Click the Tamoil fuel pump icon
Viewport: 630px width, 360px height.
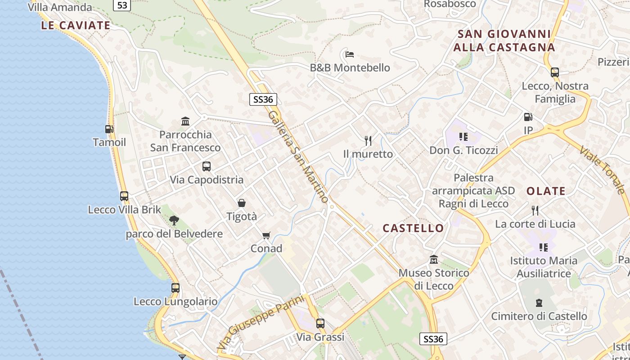coord(109,129)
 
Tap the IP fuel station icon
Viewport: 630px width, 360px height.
coord(528,117)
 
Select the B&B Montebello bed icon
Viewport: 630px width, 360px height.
coord(350,54)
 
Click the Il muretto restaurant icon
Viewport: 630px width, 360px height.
coord(368,141)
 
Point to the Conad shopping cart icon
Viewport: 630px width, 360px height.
coord(266,235)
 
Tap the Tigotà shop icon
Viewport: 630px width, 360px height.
coord(242,203)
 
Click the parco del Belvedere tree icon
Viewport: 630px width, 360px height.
coord(174,220)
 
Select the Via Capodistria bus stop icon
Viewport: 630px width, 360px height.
coord(207,166)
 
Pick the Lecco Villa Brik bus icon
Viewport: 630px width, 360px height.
coord(124,196)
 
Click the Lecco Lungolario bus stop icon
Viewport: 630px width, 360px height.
coord(175,288)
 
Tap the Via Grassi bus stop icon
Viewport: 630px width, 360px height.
coord(320,323)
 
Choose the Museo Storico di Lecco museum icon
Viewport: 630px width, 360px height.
coord(434,260)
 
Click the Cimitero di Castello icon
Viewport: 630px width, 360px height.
coord(539,303)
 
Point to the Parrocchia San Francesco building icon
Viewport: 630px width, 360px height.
coord(185,121)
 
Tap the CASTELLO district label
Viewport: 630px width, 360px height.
coord(413,228)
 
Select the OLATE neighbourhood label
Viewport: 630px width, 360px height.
coord(546,191)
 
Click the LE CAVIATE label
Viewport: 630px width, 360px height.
coord(76,25)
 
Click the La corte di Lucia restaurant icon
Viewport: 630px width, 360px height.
coord(535,210)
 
